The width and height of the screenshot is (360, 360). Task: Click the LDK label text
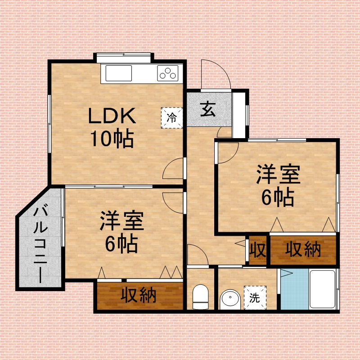pyautogui.click(x=112, y=116)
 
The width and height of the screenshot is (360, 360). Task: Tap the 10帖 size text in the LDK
pyautogui.click(x=112, y=139)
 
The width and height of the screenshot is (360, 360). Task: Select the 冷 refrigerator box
pyautogui.click(x=171, y=118)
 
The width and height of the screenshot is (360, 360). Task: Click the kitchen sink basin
pyautogui.click(x=118, y=73)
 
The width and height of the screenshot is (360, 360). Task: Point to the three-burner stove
pyautogui.click(x=168, y=73)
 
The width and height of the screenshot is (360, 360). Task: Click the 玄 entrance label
pyautogui.click(x=208, y=109)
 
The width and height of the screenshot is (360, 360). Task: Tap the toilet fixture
pyautogui.click(x=200, y=297)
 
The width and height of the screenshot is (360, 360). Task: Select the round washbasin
pyautogui.click(x=230, y=299)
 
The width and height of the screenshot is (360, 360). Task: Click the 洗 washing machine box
pyautogui.click(x=255, y=297)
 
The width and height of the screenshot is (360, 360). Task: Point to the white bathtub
pyautogui.click(x=322, y=289)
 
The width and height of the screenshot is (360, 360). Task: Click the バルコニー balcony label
pyautogui.click(x=40, y=245)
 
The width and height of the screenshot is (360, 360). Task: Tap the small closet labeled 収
pyautogui.click(x=257, y=250)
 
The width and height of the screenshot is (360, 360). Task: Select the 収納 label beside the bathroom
pyautogui.click(x=303, y=250)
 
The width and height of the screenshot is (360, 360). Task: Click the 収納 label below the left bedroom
pyautogui.click(x=139, y=295)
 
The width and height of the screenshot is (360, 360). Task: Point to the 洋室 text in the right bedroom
pyautogui.click(x=278, y=174)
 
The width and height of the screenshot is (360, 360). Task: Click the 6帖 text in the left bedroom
pyautogui.click(x=121, y=243)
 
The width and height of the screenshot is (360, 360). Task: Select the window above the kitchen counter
pyautogui.click(x=123, y=58)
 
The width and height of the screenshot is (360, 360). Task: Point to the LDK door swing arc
pyautogui.click(x=168, y=165)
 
